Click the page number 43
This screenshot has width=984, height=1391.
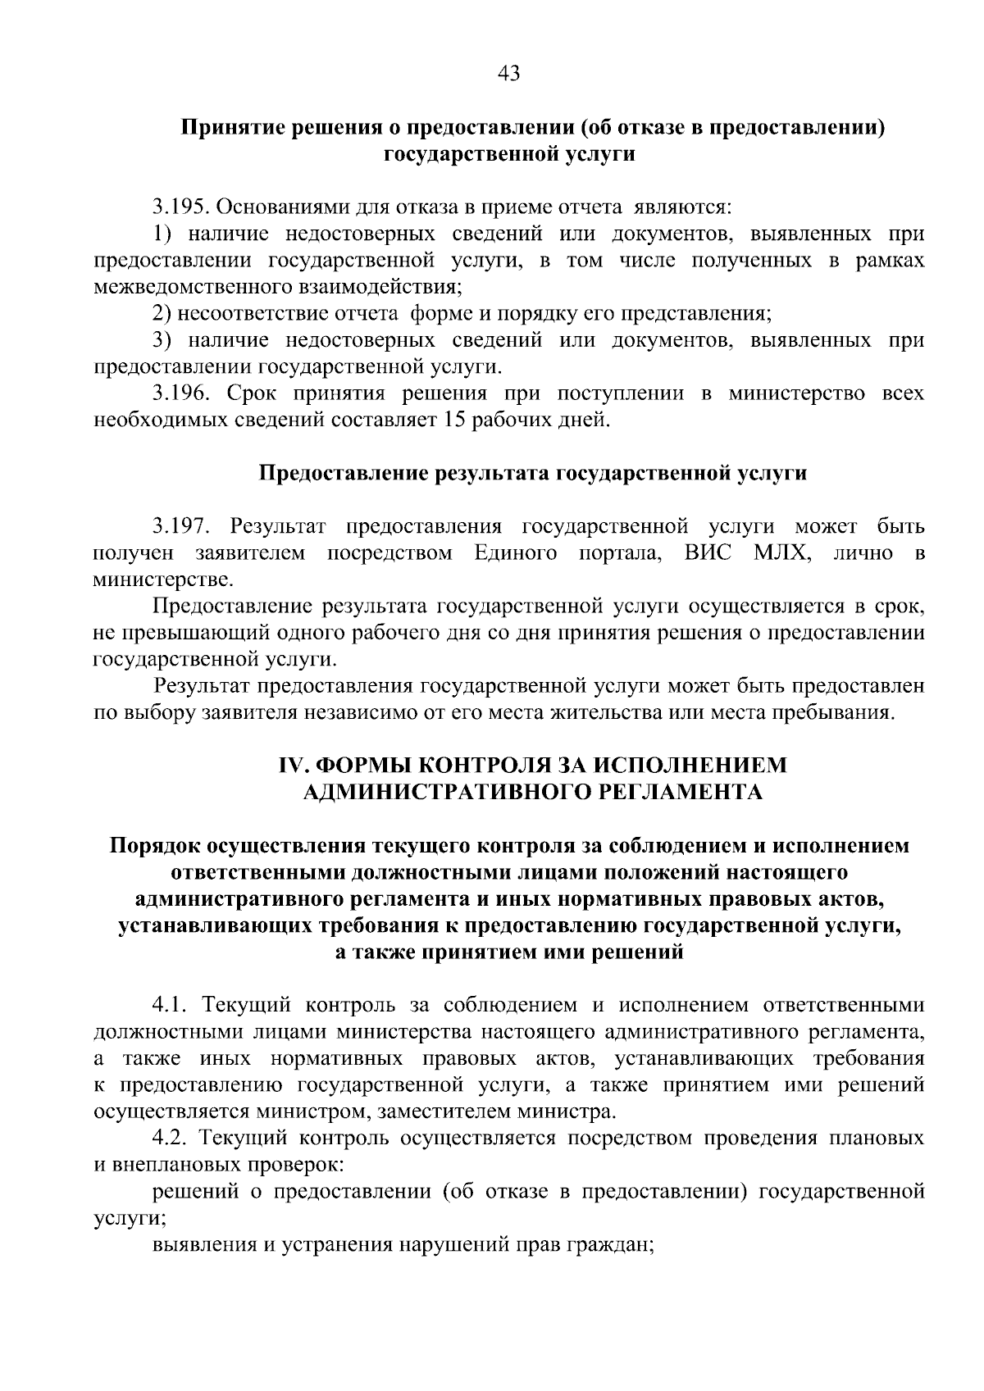508,75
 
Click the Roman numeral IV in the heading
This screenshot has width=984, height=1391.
294,766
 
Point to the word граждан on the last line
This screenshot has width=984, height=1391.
615,1246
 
